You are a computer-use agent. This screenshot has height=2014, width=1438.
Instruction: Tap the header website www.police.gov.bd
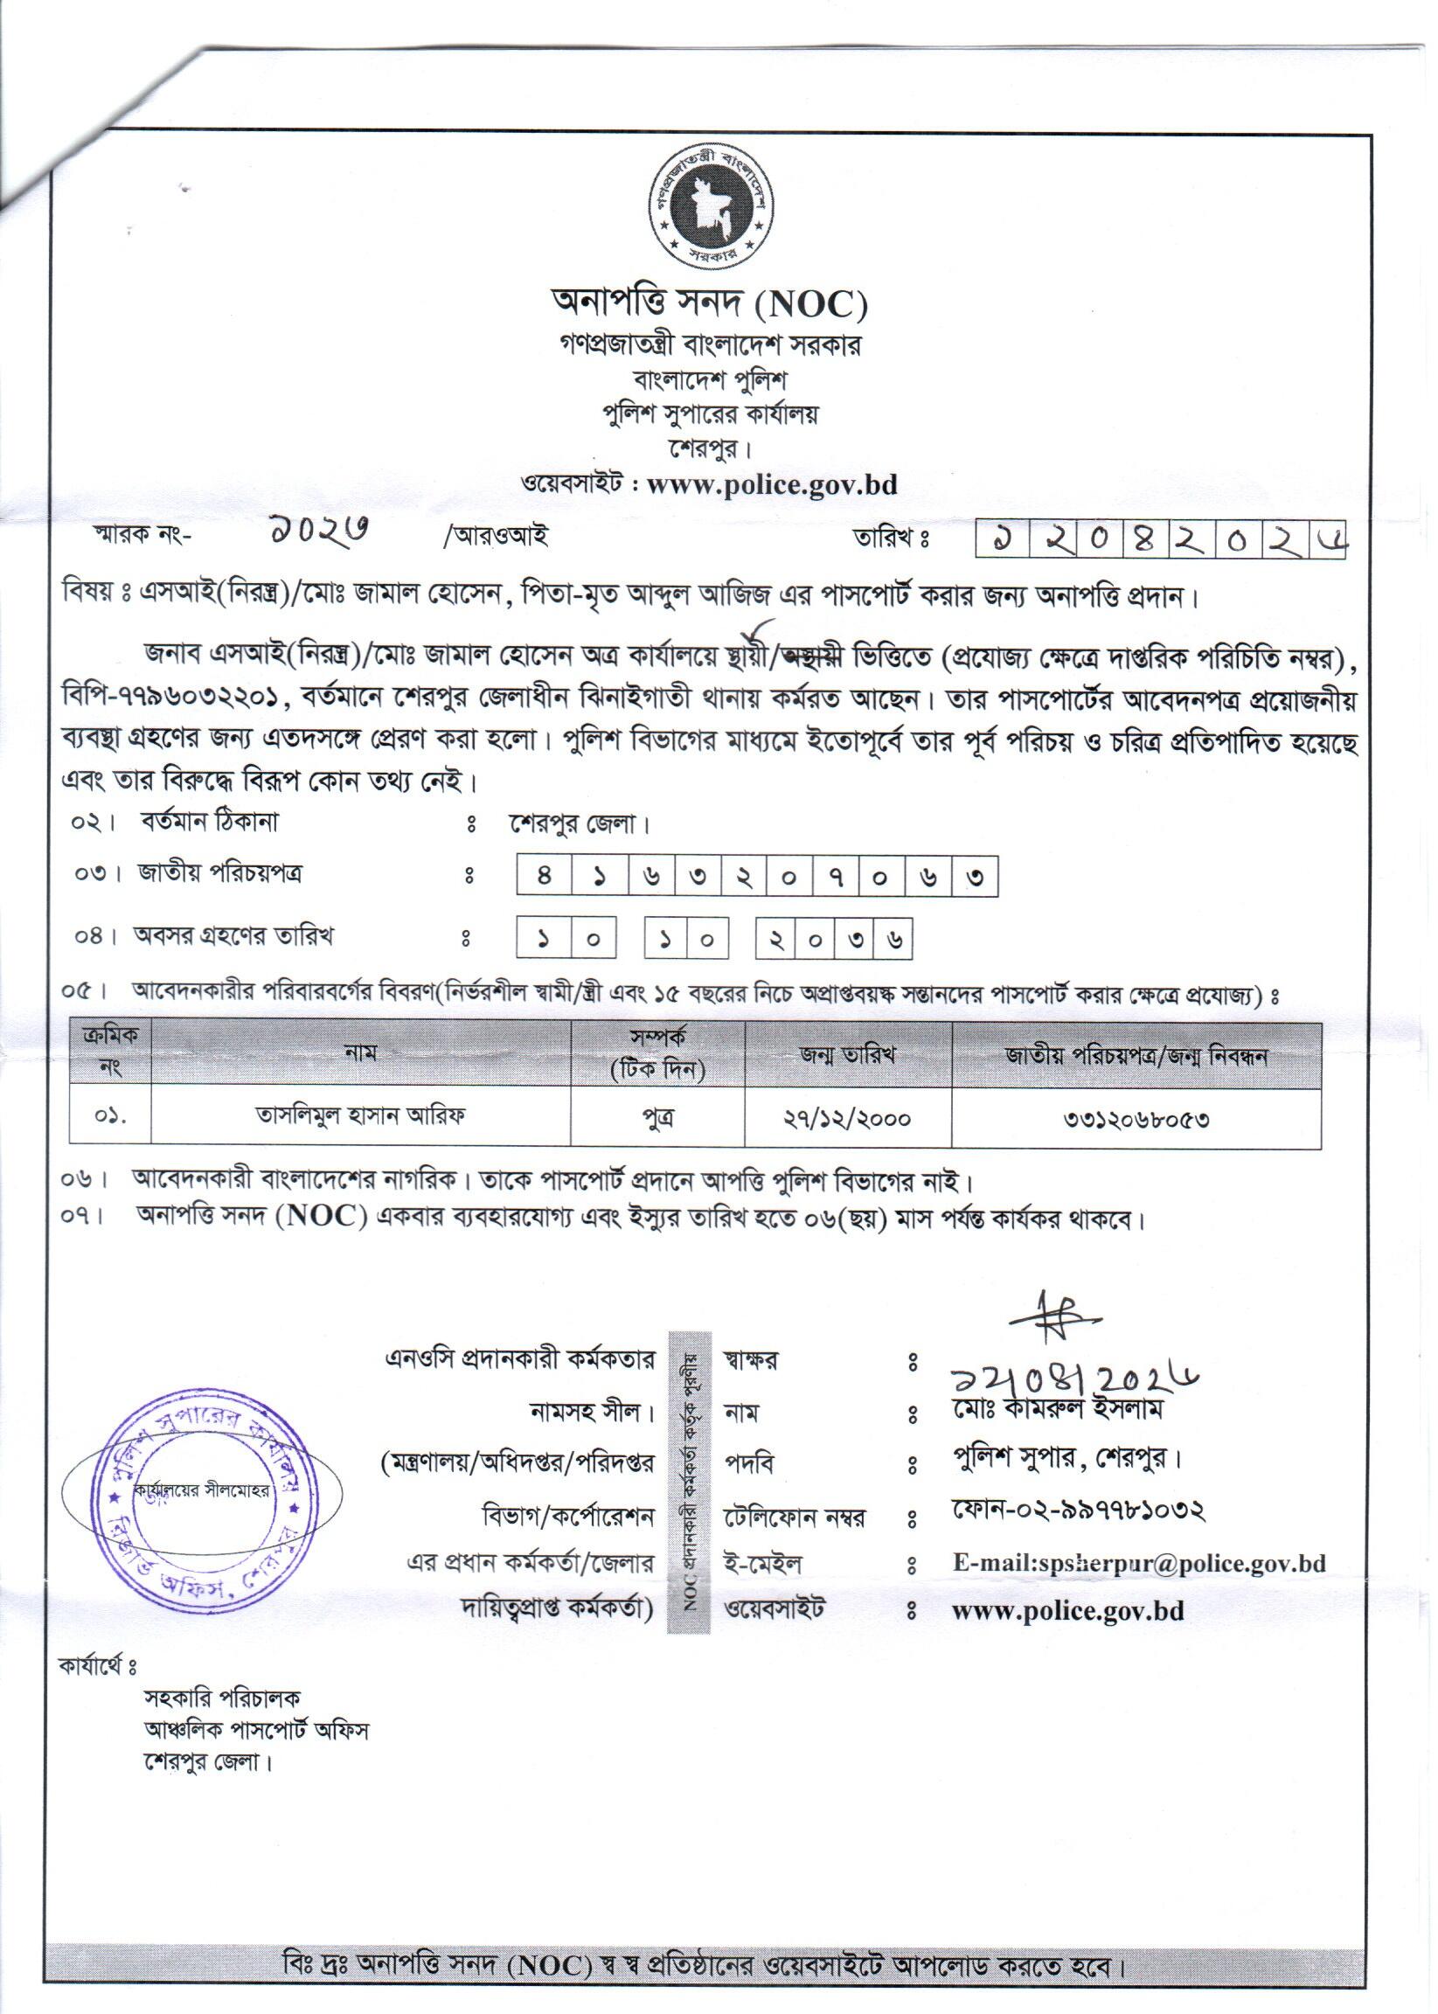pos(771,484)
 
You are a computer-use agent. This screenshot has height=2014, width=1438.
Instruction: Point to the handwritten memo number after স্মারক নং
pos(320,532)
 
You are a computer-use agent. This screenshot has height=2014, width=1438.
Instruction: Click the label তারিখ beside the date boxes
pos(889,537)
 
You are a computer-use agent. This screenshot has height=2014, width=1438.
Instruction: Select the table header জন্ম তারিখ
pos(847,1054)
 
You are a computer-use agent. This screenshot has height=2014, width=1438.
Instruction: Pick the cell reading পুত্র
pos(657,1117)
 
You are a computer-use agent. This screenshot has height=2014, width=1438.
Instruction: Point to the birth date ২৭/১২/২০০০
pos(847,1117)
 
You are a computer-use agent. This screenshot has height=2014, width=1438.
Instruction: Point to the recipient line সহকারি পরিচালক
pos(222,1697)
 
